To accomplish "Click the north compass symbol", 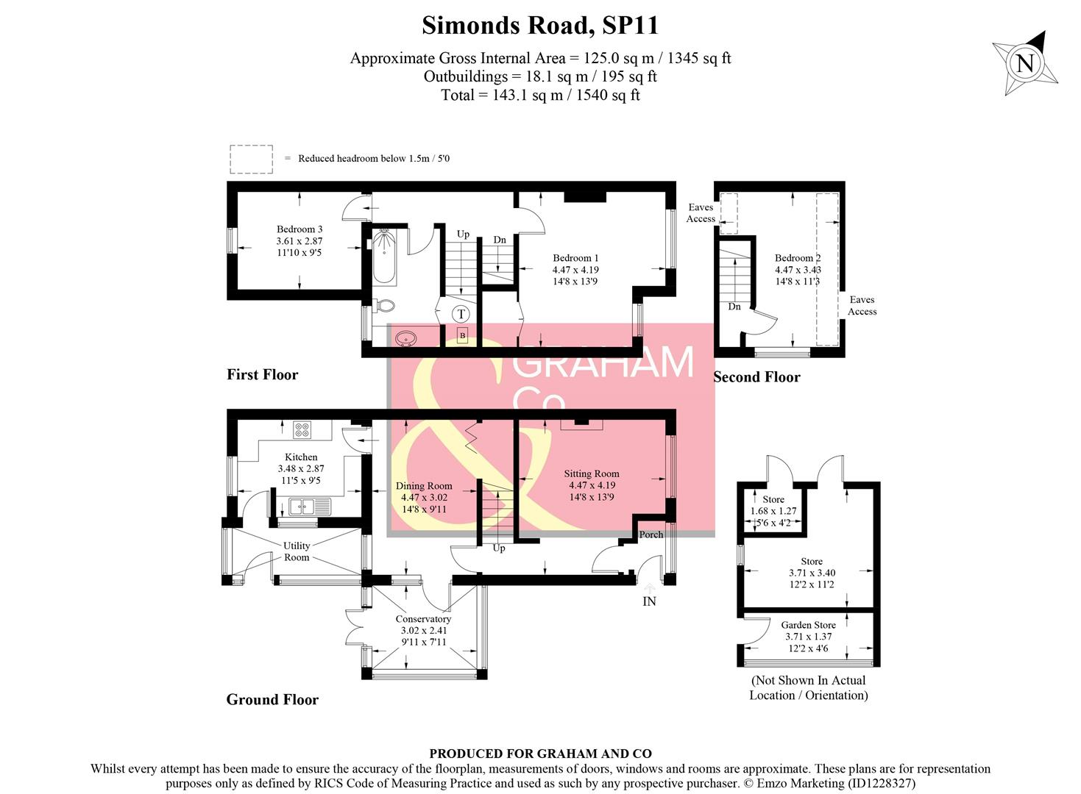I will coord(1025,63).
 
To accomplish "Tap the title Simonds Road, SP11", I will coord(540,26).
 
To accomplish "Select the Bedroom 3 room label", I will coord(300,229).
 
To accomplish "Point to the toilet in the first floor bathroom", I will coord(383,305).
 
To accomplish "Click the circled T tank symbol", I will coord(461,315).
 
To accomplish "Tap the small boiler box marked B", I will coord(462,336).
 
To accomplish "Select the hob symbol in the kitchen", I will coord(302,429).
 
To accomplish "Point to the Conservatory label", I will coord(423,619).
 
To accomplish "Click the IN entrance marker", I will coord(649,601).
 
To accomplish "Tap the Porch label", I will coord(651,534).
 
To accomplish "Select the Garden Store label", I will coord(808,625).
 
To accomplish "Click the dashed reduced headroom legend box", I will coord(251,159).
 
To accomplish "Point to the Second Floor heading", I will coord(756,377).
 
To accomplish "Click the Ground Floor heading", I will coord(272,700).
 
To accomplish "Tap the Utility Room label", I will coord(297,551).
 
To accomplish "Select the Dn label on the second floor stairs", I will coord(734,307).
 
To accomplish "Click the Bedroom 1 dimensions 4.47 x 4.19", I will coord(575,270).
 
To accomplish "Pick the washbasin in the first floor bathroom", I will coord(405,339).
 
